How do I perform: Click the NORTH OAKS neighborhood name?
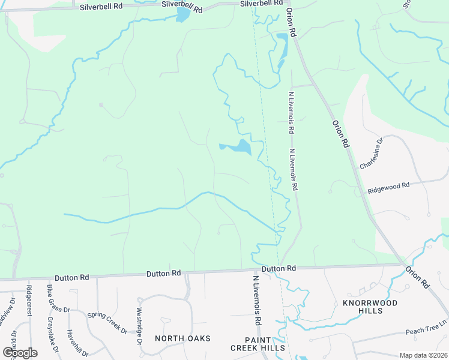(182, 338)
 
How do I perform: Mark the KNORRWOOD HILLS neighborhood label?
(370, 307)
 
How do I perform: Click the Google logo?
(20, 352)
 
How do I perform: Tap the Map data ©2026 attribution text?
(423, 355)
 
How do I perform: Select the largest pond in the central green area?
(242, 147)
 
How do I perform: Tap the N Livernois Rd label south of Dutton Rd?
(257, 300)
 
